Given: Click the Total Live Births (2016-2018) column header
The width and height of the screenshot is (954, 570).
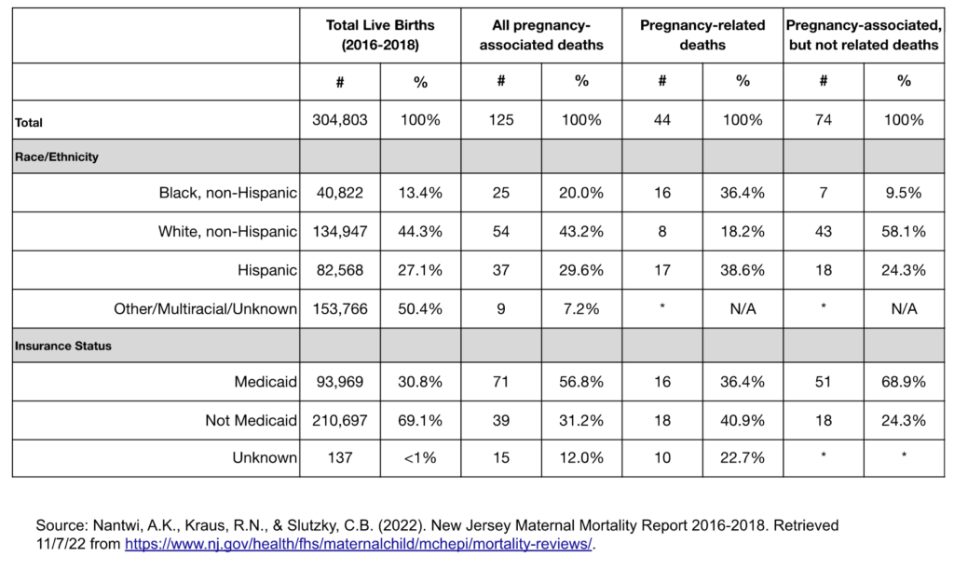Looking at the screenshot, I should coord(380,35).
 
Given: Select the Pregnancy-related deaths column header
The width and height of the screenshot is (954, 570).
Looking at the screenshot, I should coord(702,35).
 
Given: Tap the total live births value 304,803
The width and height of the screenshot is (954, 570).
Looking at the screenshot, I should coord(340,120).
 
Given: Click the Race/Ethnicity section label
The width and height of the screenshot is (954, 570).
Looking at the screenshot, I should coord(57,157).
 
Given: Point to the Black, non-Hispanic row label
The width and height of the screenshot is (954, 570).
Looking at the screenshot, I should coord(227,194).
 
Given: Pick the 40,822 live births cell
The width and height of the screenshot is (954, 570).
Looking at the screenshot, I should coord(340,194).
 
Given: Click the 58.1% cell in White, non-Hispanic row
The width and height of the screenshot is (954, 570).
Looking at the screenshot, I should coord(904,231).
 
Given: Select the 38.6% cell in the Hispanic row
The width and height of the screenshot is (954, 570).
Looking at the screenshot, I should coord(743,270).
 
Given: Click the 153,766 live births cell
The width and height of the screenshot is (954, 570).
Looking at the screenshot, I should coord(340,308).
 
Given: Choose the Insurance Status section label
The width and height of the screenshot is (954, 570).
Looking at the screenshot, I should coord(63,346).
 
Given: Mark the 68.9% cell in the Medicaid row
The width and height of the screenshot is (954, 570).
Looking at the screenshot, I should coord(904,383).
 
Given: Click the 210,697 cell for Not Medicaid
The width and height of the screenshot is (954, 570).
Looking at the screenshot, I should coord(340,421).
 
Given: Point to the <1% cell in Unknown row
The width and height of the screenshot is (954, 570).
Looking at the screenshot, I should coord(420,457).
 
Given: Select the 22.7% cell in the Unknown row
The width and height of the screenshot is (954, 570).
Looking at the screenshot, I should coord(743,457).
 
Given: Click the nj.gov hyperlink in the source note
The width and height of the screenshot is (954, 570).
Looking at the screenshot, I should coord(359,543).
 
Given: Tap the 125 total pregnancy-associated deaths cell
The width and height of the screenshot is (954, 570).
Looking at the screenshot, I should coord(501,120).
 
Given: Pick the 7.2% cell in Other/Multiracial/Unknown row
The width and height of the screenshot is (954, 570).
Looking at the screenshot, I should coord(581,308).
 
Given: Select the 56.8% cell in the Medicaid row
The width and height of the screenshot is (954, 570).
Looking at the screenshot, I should coord(581,383).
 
